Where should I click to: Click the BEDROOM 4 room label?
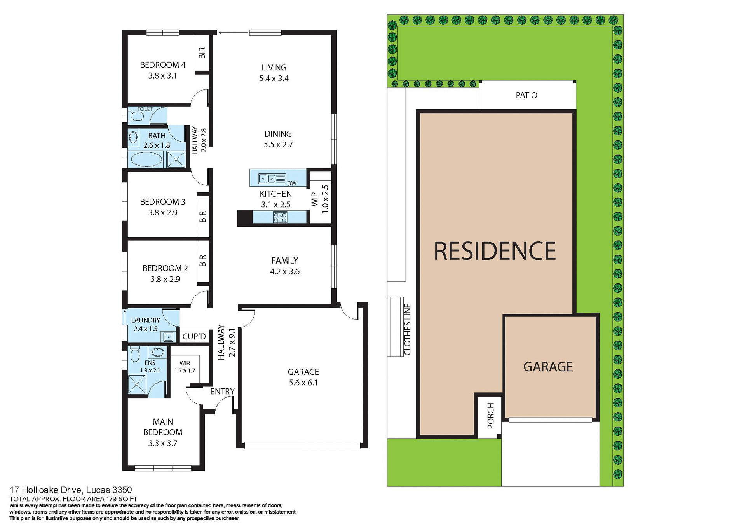click(x=162, y=65)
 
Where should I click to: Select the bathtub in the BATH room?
click(x=146, y=159)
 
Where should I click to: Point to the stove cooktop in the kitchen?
click(x=280, y=217)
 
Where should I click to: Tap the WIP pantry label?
click(x=315, y=199)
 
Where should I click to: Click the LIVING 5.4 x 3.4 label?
click(x=274, y=73)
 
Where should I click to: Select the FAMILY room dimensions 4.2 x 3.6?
click(x=285, y=272)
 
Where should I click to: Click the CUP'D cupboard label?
click(x=194, y=336)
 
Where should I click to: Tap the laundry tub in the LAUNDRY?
click(x=169, y=337)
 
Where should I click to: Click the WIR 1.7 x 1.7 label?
click(x=185, y=367)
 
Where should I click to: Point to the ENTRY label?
click(x=222, y=392)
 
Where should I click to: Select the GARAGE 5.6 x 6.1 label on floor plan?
click(x=303, y=377)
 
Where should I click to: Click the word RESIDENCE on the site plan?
click(x=495, y=251)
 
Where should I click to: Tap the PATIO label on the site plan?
click(x=526, y=95)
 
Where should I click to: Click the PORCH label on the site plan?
click(x=490, y=416)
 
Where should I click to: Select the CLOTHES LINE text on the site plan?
click(x=407, y=329)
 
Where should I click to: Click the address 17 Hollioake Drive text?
click(x=71, y=490)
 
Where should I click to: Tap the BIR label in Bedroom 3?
click(x=202, y=217)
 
